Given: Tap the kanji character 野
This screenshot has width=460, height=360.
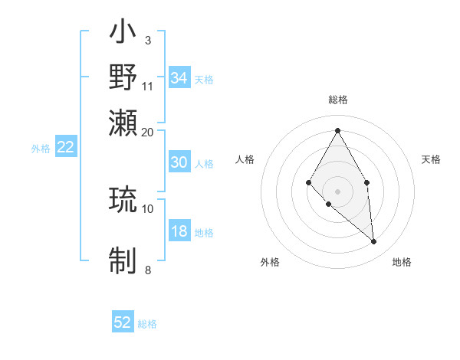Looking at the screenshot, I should coord(123,77).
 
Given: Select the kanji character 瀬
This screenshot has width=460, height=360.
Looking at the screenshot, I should coord(123,123).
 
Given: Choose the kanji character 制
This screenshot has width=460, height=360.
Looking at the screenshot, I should coord(123,259).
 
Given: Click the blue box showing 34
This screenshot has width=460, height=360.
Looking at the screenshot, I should coord(179,78).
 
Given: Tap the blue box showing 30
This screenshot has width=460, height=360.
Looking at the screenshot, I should coord(179,162).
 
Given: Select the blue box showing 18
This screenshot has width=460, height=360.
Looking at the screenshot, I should coord(179,232).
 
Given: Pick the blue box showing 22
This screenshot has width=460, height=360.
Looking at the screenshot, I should coord(66,148).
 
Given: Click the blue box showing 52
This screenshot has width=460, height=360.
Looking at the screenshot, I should coord(123,322).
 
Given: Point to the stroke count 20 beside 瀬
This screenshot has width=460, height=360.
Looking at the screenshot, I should coord(148,132).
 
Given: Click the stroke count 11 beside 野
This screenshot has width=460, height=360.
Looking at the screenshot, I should coord(148,86).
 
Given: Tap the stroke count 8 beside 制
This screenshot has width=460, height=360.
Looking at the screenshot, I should coord(148,269).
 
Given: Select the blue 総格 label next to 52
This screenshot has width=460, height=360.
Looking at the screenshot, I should coord(148,324).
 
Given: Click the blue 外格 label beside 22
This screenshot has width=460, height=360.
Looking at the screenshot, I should coord(41,149).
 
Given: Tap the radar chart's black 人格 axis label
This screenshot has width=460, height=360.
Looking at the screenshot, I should coord(245,159).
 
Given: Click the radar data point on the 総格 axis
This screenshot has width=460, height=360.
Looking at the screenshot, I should coord(337,130).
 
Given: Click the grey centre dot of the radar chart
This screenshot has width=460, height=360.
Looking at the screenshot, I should coord(337,191).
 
